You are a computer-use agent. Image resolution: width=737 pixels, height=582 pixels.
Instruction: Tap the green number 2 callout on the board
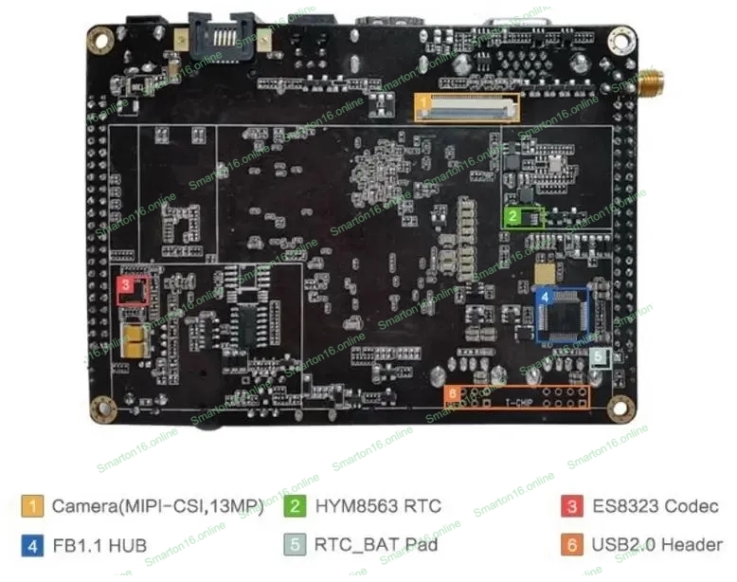pos(512,216)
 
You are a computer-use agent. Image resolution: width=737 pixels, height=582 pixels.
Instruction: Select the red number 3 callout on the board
pos(125,283)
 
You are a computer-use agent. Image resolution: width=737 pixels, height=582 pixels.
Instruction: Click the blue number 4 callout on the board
pos(544,297)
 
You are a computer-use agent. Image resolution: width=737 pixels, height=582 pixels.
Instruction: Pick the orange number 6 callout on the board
pos(453,392)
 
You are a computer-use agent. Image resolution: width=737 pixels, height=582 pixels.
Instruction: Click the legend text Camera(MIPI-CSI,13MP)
pos(157,506)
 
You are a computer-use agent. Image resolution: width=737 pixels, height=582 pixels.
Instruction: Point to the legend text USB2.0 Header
pos(655,545)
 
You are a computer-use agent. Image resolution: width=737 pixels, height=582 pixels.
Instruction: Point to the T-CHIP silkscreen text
pos(518,402)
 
